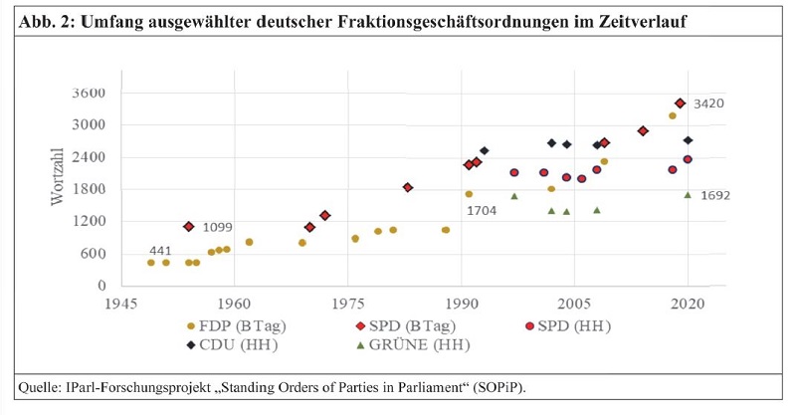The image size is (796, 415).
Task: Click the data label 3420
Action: [x=709, y=104]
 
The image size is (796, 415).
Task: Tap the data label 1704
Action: [x=483, y=210]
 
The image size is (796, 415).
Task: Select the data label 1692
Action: [x=714, y=196]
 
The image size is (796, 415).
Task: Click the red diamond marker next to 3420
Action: [x=680, y=104]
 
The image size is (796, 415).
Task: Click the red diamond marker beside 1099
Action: [x=189, y=227]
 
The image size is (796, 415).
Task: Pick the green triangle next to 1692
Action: [x=688, y=195]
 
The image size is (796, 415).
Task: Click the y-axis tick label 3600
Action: [x=89, y=94]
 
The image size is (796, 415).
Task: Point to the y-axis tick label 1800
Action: [x=89, y=189]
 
